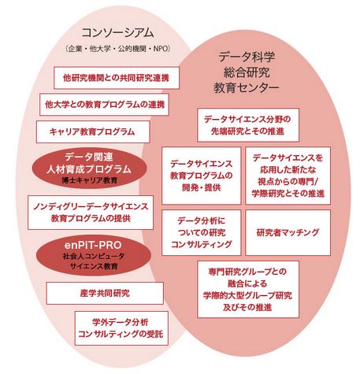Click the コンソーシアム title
[x=118, y=33]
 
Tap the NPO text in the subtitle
[x=161, y=49]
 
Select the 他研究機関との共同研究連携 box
[x=117, y=78]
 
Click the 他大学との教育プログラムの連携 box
[x=104, y=105]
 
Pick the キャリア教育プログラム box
[x=93, y=131]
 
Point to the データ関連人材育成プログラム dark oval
[x=89, y=168]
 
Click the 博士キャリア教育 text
[x=90, y=180]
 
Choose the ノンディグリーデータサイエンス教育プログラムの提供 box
[x=91, y=213]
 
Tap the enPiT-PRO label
[x=93, y=245]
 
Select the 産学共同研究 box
[x=105, y=293]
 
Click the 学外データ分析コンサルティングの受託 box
[x=121, y=328]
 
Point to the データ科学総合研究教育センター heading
[x=247, y=72]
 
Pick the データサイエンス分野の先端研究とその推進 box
[x=248, y=125]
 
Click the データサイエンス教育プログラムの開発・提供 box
[x=202, y=176]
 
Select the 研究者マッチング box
[x=288, y=232]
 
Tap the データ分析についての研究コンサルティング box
[x=202, y=232]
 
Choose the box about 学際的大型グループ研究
[x=248, y=289]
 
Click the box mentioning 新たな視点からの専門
[x=288, y=176]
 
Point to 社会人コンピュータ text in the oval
[x=94, y=256]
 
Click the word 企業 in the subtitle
[x=75, y=49]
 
